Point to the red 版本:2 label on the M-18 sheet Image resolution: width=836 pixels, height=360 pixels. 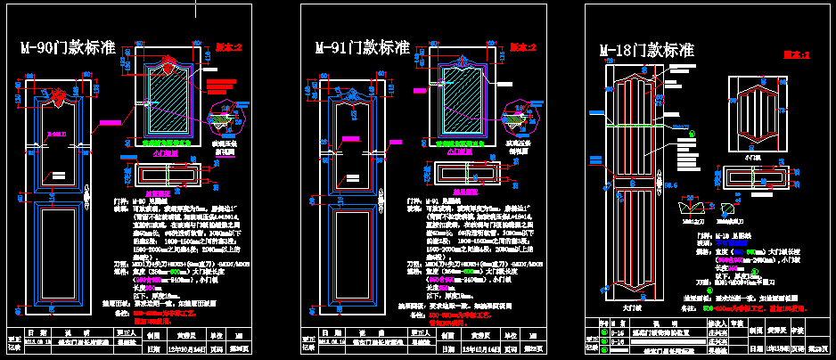[x=795, y=55]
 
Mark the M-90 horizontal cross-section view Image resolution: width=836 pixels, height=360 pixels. [x=168, y=176]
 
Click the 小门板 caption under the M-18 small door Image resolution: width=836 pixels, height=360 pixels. [x=757, y=154]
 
